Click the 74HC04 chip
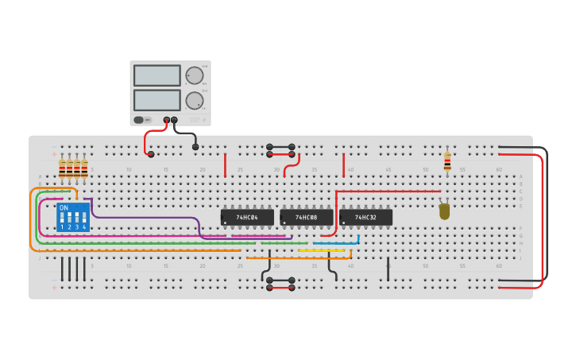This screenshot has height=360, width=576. [x=247, y=217]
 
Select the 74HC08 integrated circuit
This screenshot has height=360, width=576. [x=306, y=217]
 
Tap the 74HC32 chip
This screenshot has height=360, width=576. [x=365, y=217]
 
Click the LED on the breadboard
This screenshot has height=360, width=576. [x=444, y=211]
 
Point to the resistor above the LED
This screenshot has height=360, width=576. [x=447, y=161]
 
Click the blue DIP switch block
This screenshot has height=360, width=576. [x=73, y=217]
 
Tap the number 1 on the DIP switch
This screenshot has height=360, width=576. [x=62, y=227]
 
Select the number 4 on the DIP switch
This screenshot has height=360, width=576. [x=83, y=227]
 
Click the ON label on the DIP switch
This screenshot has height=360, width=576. [x=64, y=208]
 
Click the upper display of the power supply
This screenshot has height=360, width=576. [x=157, y=75]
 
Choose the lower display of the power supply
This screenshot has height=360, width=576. [x=157, y=100]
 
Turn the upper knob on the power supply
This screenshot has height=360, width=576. [x=194, y=76]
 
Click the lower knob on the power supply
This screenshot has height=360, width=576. [x=194, y=101]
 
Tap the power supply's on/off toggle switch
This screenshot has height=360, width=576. [x=140, y=120]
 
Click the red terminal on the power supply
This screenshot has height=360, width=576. [x=167, y=120]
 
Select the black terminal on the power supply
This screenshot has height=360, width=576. [x=175, y=120]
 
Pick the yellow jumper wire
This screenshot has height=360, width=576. [x=324, y=250]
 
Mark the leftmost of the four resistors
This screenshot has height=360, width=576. [x=62, y=168]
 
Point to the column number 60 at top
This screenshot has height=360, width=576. [x=499, y=169]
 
